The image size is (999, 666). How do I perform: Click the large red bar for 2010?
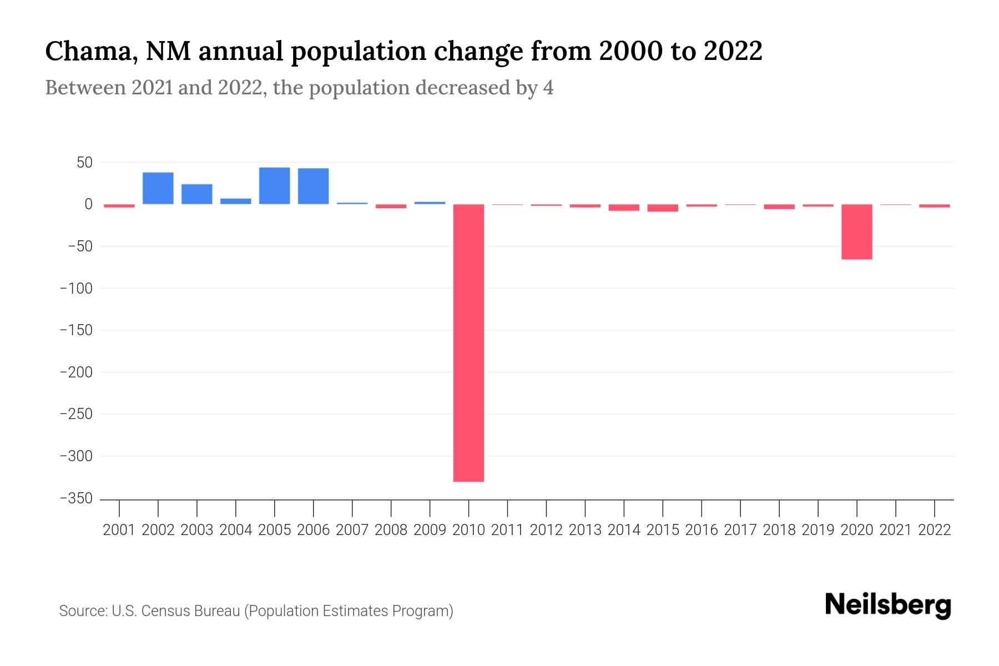[468, 342]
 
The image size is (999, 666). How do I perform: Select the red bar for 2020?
[856, 231]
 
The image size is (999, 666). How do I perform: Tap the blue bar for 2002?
[158, 188]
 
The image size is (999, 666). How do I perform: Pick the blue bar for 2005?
[274, 186]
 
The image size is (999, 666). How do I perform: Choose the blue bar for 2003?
[197, 194]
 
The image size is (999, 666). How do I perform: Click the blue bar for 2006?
[313, 186]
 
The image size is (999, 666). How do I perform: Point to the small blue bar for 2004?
[236, 201]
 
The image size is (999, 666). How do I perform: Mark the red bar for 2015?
[663, 208]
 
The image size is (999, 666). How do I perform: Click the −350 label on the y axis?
[76, 498]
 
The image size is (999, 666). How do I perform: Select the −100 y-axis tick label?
[76, 289]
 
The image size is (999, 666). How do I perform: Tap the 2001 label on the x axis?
[119, 530]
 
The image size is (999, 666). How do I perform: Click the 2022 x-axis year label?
[935, 530]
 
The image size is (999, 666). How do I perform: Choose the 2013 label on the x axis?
[585, 530]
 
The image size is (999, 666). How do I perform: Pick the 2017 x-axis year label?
[740, 530]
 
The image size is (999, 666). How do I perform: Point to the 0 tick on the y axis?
[88, 204]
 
